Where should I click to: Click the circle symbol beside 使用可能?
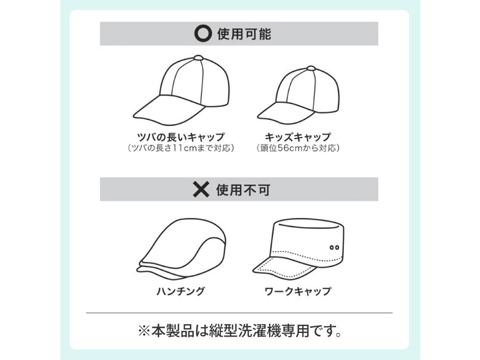(202, 33)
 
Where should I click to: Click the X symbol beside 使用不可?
(201, 189)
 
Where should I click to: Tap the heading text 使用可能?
(244, 34)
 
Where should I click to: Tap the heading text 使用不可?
(243, 190)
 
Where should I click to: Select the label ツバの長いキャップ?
(181, 137)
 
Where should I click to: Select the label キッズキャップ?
(298, 137)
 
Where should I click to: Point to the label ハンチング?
(180, 291)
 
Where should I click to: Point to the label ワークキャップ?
(298, 291)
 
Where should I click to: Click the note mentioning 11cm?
(181, 148)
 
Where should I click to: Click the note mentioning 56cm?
(298, 148)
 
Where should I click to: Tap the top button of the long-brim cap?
(198, 58)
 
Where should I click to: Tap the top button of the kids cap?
(311, 68)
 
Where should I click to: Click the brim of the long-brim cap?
(168, 111)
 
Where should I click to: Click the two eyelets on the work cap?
(334, 247)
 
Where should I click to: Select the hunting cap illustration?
(181, 249)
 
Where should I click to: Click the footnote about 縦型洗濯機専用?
(240, 330)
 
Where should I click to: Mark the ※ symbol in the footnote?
(144, 331)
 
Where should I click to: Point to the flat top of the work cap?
(308, 224)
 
